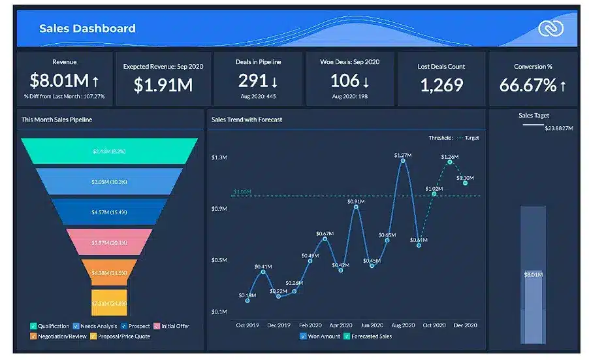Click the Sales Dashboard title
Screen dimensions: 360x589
click(x=88, y=29)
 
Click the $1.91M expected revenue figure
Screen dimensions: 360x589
click(x=163, y=84)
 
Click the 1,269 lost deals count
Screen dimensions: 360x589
click(x=441, y=84)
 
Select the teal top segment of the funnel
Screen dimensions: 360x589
click(x=109, y=151)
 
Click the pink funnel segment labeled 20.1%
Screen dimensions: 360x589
click(x=109, y=242)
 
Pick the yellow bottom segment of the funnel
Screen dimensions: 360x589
click(x=109, y=303)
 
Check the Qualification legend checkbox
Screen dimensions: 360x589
click(x=33, y=326)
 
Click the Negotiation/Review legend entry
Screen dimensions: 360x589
click(x=59, y=336)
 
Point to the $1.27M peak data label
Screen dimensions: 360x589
click(x=403, y=155)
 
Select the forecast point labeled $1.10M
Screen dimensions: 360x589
click(x=465, y=184)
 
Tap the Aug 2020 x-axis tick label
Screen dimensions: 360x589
click(x=403, y=325)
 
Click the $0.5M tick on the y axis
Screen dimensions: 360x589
click(x=219, y=260)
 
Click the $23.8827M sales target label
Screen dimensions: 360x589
click(x=558, y=128)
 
